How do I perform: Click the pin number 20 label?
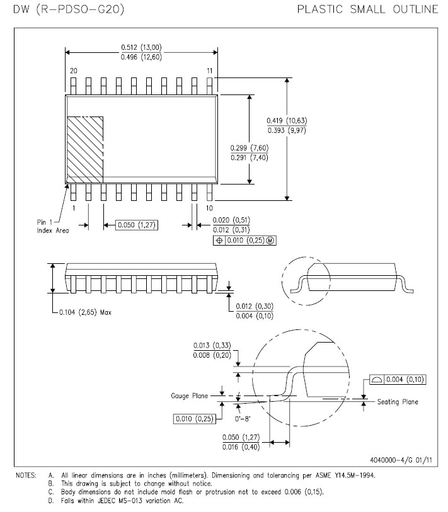coord(74,71)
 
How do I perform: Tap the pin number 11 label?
coord(209,71)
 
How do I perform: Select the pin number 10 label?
coord(209,207)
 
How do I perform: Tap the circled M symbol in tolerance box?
coord(272,240)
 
